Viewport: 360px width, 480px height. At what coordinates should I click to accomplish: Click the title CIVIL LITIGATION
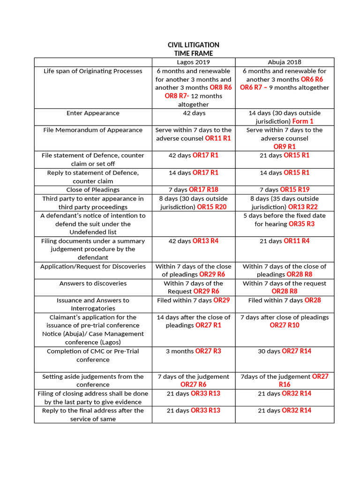tap(193, 45)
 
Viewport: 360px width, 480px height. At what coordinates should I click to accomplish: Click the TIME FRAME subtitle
tap(193, 53)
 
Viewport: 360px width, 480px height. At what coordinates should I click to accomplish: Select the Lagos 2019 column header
tap(193, 62)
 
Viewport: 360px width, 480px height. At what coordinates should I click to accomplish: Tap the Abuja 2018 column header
tap(285, 62)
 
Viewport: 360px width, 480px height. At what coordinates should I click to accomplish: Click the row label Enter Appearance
tap(93, 113)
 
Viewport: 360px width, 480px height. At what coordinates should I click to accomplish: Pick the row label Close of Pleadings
tap(93, 190)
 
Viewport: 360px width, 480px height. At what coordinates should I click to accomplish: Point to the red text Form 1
tap(303, 121)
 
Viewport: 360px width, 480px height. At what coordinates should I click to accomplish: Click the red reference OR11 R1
tap(218, 138)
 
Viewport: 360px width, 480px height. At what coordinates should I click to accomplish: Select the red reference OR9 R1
tap(285, 147)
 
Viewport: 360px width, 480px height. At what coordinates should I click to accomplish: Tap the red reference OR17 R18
tap(203, 190)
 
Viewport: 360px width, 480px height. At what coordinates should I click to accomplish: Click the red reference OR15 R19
tap(294, 190)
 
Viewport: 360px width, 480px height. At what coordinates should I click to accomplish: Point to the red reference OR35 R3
tap(301, 224)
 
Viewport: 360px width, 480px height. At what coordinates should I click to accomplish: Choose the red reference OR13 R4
tap(205, 241)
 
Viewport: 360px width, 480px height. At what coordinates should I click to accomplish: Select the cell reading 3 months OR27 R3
tap(193, 351)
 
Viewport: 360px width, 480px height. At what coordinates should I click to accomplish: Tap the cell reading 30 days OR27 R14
tap(285, 351)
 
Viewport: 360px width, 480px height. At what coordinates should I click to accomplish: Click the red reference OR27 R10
tap(285, 325)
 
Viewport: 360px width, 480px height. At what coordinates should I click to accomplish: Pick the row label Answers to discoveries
tap(93, 283)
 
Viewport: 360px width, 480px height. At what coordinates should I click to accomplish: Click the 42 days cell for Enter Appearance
tap(193, 113)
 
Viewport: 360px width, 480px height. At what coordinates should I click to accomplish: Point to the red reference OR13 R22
tap(303, 207)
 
